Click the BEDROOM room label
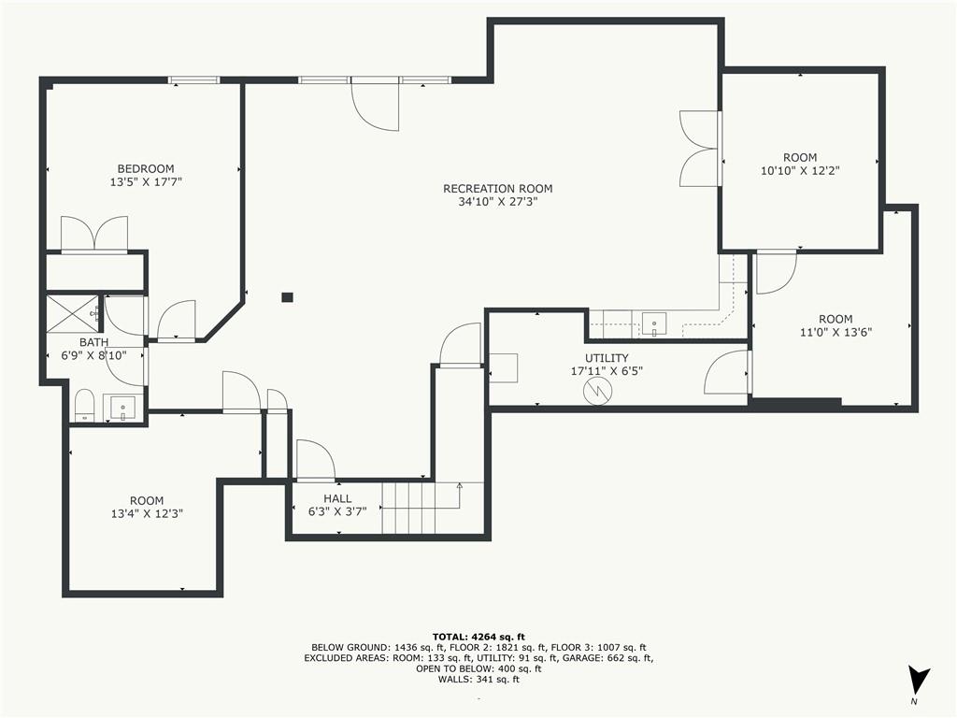146,168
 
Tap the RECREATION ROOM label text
498,189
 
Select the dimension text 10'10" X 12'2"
800,171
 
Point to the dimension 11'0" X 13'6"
836,332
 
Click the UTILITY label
607,358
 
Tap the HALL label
337,498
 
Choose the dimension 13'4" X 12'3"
147,513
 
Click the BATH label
94,342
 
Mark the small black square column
288,297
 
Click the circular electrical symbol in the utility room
596,391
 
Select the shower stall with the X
72,314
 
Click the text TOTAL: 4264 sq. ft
478,637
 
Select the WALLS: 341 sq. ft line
478,679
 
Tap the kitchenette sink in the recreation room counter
654,323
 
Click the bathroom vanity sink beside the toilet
123,408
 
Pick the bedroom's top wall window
194,79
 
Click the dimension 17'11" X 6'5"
607,370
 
